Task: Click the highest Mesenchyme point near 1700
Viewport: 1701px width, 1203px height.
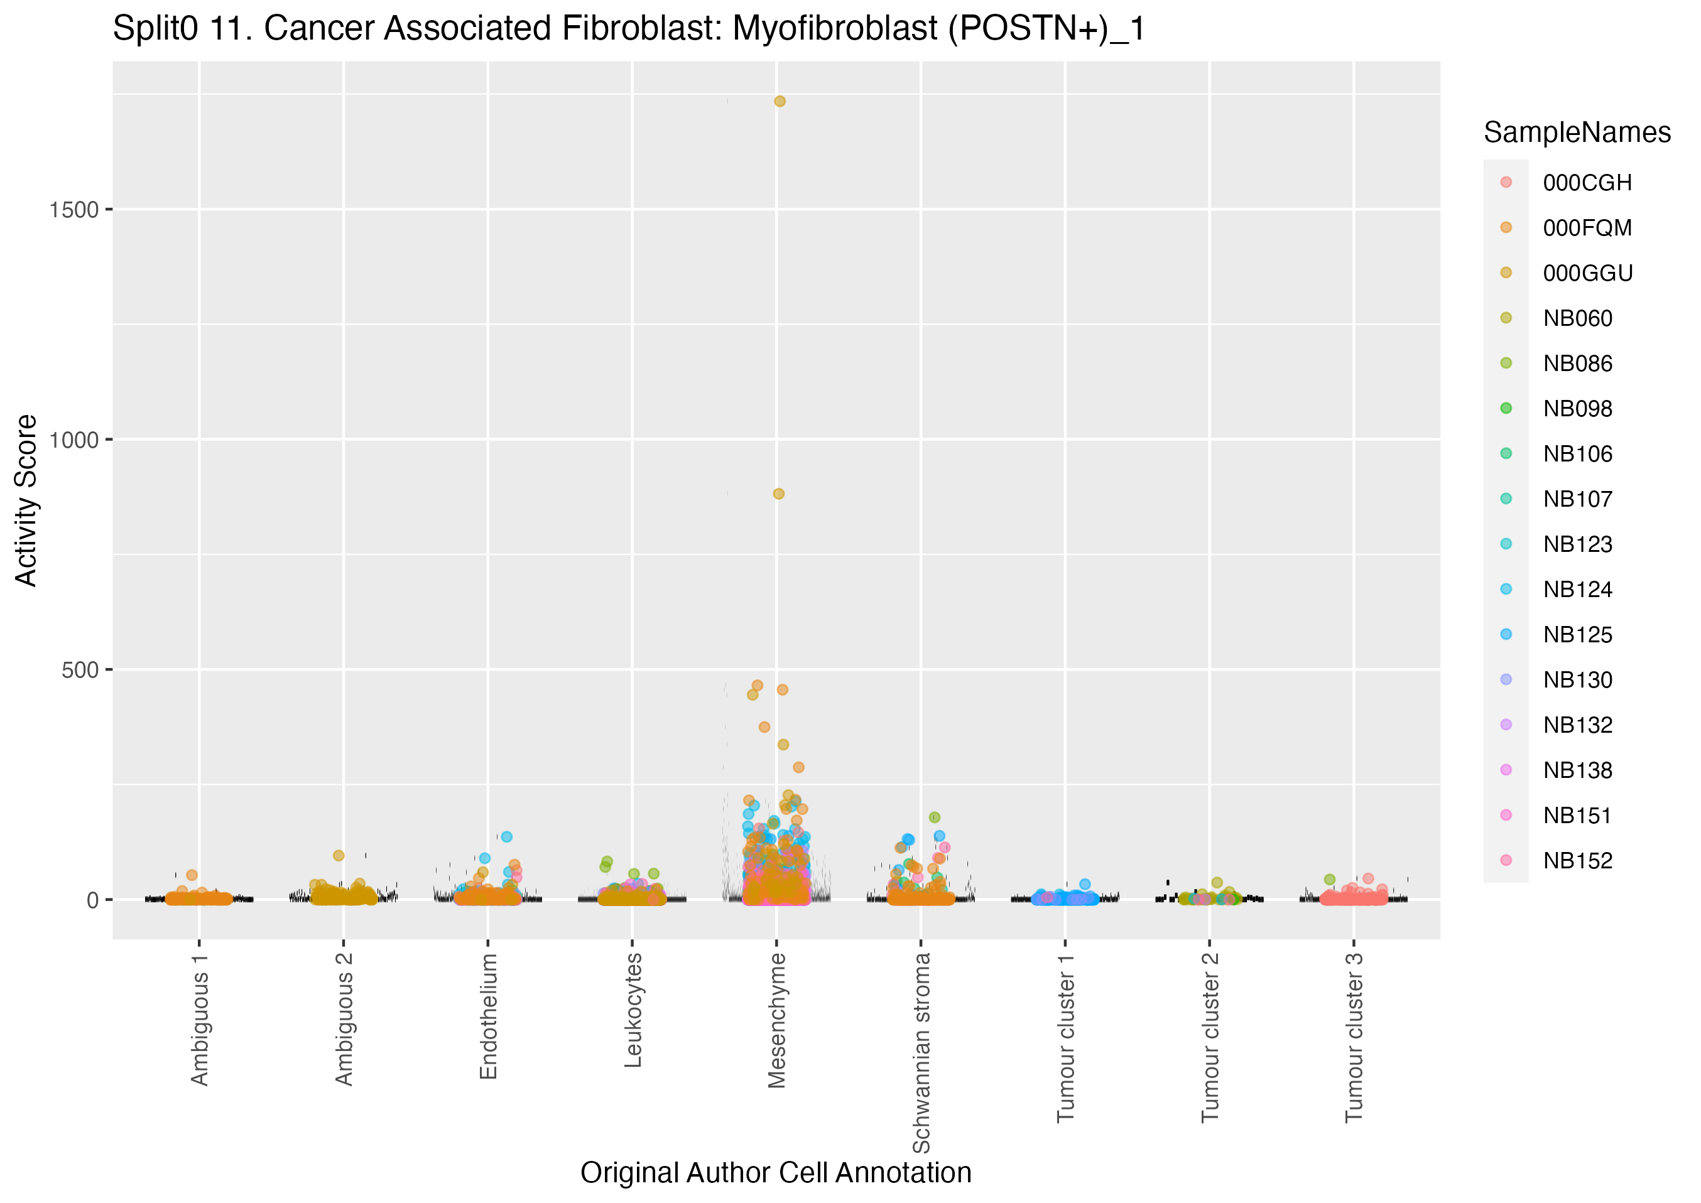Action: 780,102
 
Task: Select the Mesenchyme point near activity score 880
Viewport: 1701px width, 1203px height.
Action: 779,494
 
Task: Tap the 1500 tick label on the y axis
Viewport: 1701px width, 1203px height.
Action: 74,210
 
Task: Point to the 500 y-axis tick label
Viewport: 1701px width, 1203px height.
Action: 80,671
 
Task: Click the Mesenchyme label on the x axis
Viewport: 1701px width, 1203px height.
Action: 776,1020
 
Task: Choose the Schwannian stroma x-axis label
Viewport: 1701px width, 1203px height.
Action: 921,1052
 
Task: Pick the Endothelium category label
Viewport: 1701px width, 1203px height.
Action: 488,1016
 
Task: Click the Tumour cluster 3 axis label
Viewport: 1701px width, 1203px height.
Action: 1354,1037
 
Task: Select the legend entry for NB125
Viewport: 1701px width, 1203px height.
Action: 1577,635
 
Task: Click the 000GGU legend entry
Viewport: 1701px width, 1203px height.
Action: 1588,273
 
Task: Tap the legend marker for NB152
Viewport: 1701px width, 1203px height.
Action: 1506,860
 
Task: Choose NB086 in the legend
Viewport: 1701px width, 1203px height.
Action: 1577,364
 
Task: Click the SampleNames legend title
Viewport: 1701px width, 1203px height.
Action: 1577,132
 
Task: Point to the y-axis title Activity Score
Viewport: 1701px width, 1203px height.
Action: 26,501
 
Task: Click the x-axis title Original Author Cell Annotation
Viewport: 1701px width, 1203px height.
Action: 776,1173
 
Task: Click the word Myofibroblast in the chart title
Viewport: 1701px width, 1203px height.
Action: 835,29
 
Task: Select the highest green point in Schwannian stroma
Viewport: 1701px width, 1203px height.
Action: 935,818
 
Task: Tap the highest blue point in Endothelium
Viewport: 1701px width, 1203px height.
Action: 507,837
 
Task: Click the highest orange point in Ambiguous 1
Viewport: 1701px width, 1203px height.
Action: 192,875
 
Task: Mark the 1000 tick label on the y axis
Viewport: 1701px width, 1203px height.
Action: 74,441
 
